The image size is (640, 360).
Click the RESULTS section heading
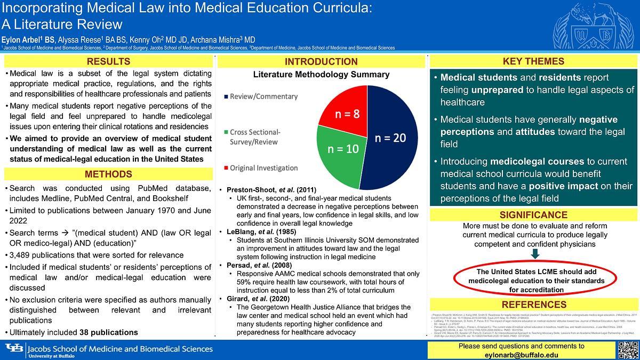pyautogui.click(x=108, y=61)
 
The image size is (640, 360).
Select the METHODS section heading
pyautogui.click(x=108, y=174)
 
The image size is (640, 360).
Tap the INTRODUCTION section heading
pyautogui.click(x=321, y=61)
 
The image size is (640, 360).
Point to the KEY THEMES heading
pyautogui.click(x=533, y=61)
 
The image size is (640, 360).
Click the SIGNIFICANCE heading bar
pyautogui.click(x=533, y=215)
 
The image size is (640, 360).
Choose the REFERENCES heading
pyautogui.click(x=533, y=305)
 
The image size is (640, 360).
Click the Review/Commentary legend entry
pyautogui.click(x=263, y=97)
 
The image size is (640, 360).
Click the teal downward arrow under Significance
pyautogui.click(x=535, y=254)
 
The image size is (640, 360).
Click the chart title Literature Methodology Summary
pyautogui.click(x=321, y=75)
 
